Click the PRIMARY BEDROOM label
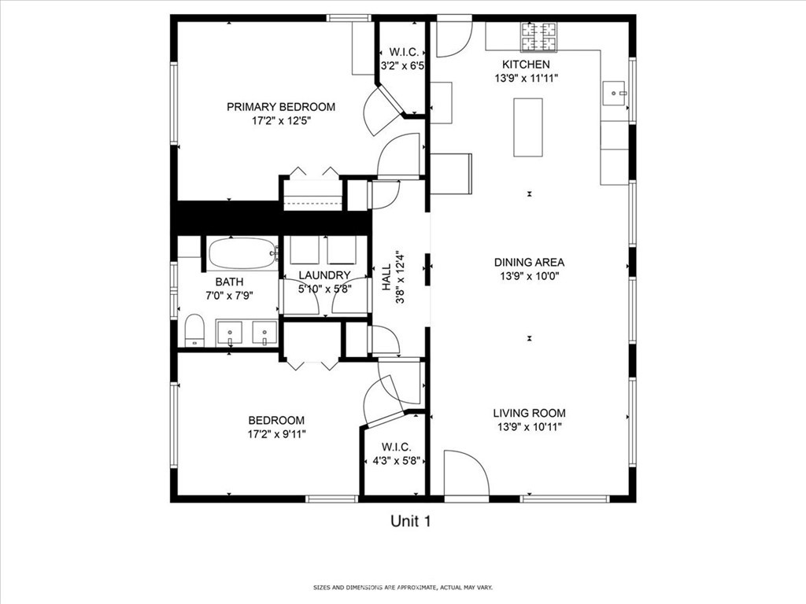[281, 107]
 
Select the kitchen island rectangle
[528, 127]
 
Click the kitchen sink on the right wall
[614, 94]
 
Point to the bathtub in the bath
[242, 253]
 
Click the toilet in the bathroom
[194, 330]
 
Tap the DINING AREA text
[529, 263]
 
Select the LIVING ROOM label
[529, 413]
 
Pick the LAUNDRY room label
[324, 275]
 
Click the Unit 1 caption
[411, 521]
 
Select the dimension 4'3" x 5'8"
[395, 462]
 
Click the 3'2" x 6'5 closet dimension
[403, 67]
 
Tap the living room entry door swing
[466, 475]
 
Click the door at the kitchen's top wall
[453, 38]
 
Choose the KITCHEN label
[526, 64]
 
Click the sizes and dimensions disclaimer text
[402, 587]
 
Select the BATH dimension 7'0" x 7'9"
[229, 296]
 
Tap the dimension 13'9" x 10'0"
[529, 276]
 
